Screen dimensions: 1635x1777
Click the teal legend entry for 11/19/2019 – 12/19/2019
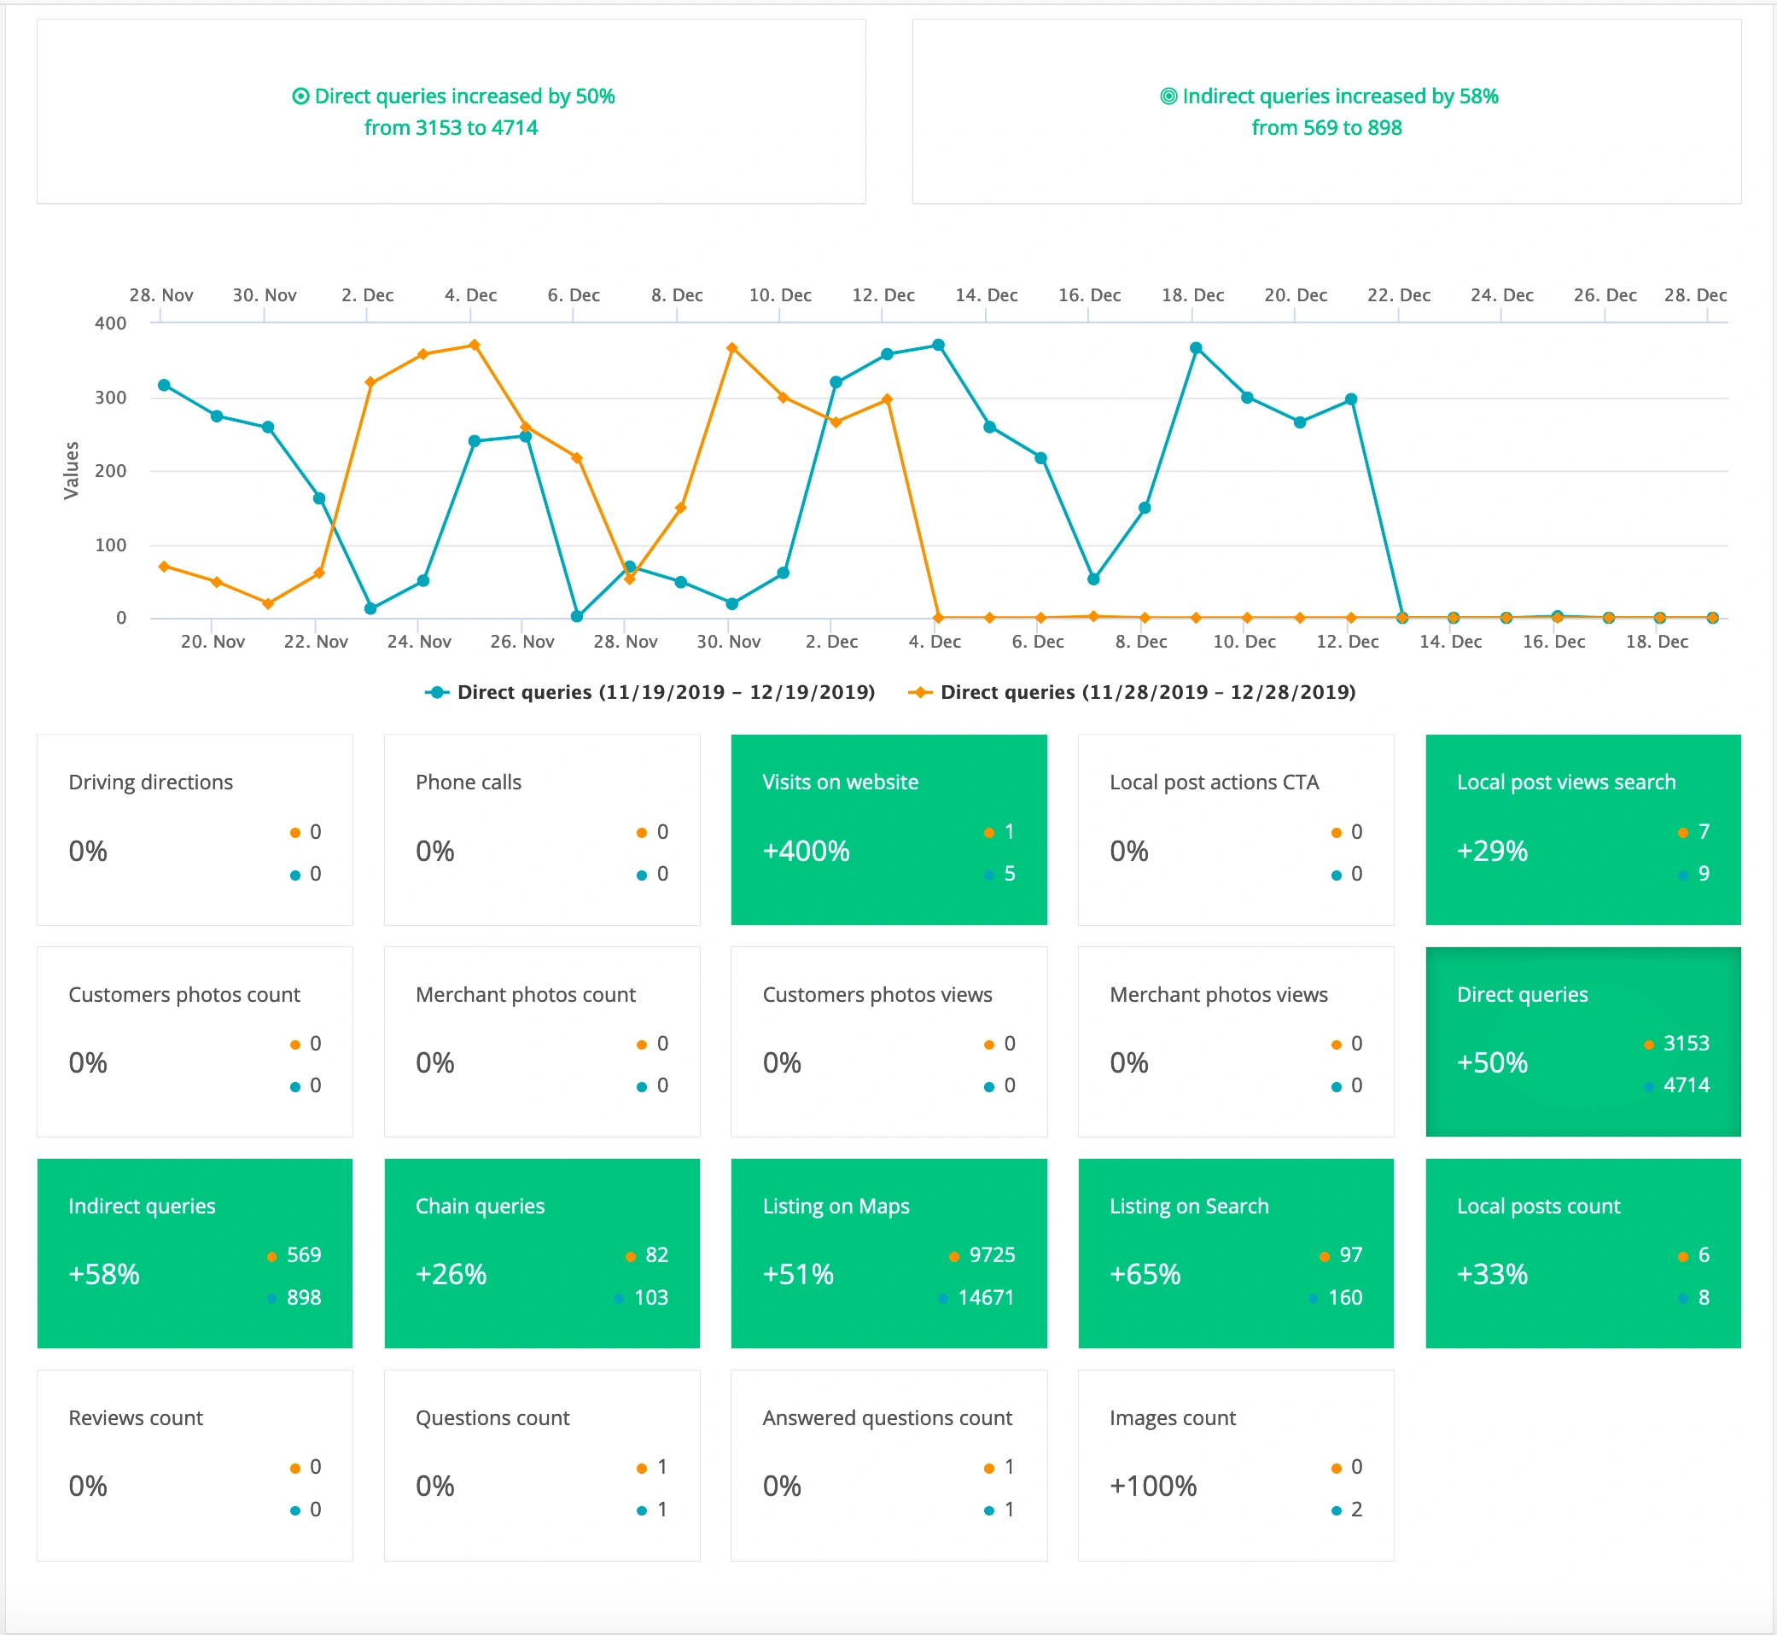[650, 693]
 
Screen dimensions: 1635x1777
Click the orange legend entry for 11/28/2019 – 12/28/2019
[1133, 693]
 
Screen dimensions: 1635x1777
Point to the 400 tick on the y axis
[111, 323]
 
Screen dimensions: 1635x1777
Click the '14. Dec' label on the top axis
[986, 295]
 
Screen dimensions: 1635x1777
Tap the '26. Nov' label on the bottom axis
[522, 643]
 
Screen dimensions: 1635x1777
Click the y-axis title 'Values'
[72, 471]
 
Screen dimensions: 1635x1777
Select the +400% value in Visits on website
[806, 851]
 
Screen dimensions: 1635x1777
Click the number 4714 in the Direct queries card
[1686, 1085]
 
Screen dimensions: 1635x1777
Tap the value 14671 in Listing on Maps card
[986, 1298]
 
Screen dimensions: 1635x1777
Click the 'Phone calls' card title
[468, 783]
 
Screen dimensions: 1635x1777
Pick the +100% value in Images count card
[1153, 1487]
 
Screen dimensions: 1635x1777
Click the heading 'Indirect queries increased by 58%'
[1340, 96]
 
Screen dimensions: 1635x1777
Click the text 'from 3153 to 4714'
[452, 128]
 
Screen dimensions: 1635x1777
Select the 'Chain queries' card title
[480, 1207]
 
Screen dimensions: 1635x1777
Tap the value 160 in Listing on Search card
[1345, 1298]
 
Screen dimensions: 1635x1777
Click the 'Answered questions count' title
[887, 1418]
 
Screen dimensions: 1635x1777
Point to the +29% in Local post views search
[1492, 851]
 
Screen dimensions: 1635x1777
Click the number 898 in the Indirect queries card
[304, 1298]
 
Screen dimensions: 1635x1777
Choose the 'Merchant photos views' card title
[1219, 995]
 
